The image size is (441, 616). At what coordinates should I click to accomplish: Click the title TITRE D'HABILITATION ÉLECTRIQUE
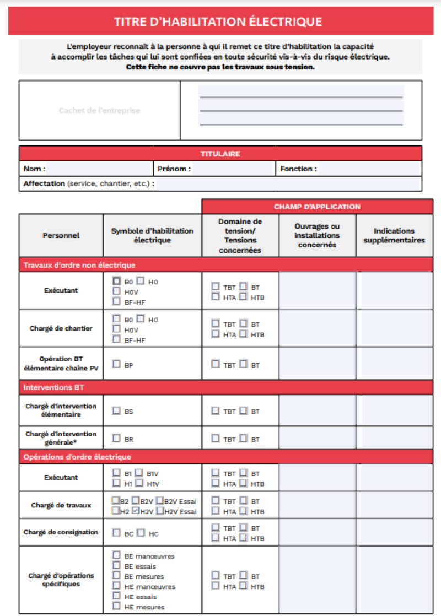point(218,21)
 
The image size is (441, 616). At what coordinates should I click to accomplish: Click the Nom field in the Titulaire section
point(99,169)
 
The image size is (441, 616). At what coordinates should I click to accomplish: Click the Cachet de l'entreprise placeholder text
point(99,110)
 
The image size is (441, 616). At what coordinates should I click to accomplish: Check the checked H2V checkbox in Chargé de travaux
point(136,511)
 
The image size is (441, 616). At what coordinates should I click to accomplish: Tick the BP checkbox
point(116,364)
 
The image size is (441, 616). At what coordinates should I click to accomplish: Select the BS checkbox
point(116,411)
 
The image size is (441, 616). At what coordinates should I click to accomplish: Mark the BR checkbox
point(116,439)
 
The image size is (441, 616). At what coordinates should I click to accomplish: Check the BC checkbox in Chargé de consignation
point(116,533)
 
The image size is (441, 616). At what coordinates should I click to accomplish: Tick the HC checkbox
point(141,533)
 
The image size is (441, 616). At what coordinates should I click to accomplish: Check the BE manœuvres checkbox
point(116,555)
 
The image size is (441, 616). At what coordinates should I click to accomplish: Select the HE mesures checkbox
point(116,607)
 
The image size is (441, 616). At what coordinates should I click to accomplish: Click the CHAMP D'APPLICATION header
point(317,207)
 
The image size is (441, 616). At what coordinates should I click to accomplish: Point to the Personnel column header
point(61,235)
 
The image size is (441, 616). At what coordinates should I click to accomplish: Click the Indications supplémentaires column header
point(394,235)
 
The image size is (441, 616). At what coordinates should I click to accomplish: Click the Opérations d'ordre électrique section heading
point(77,457)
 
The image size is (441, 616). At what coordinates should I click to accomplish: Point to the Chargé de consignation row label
point(61,532)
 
